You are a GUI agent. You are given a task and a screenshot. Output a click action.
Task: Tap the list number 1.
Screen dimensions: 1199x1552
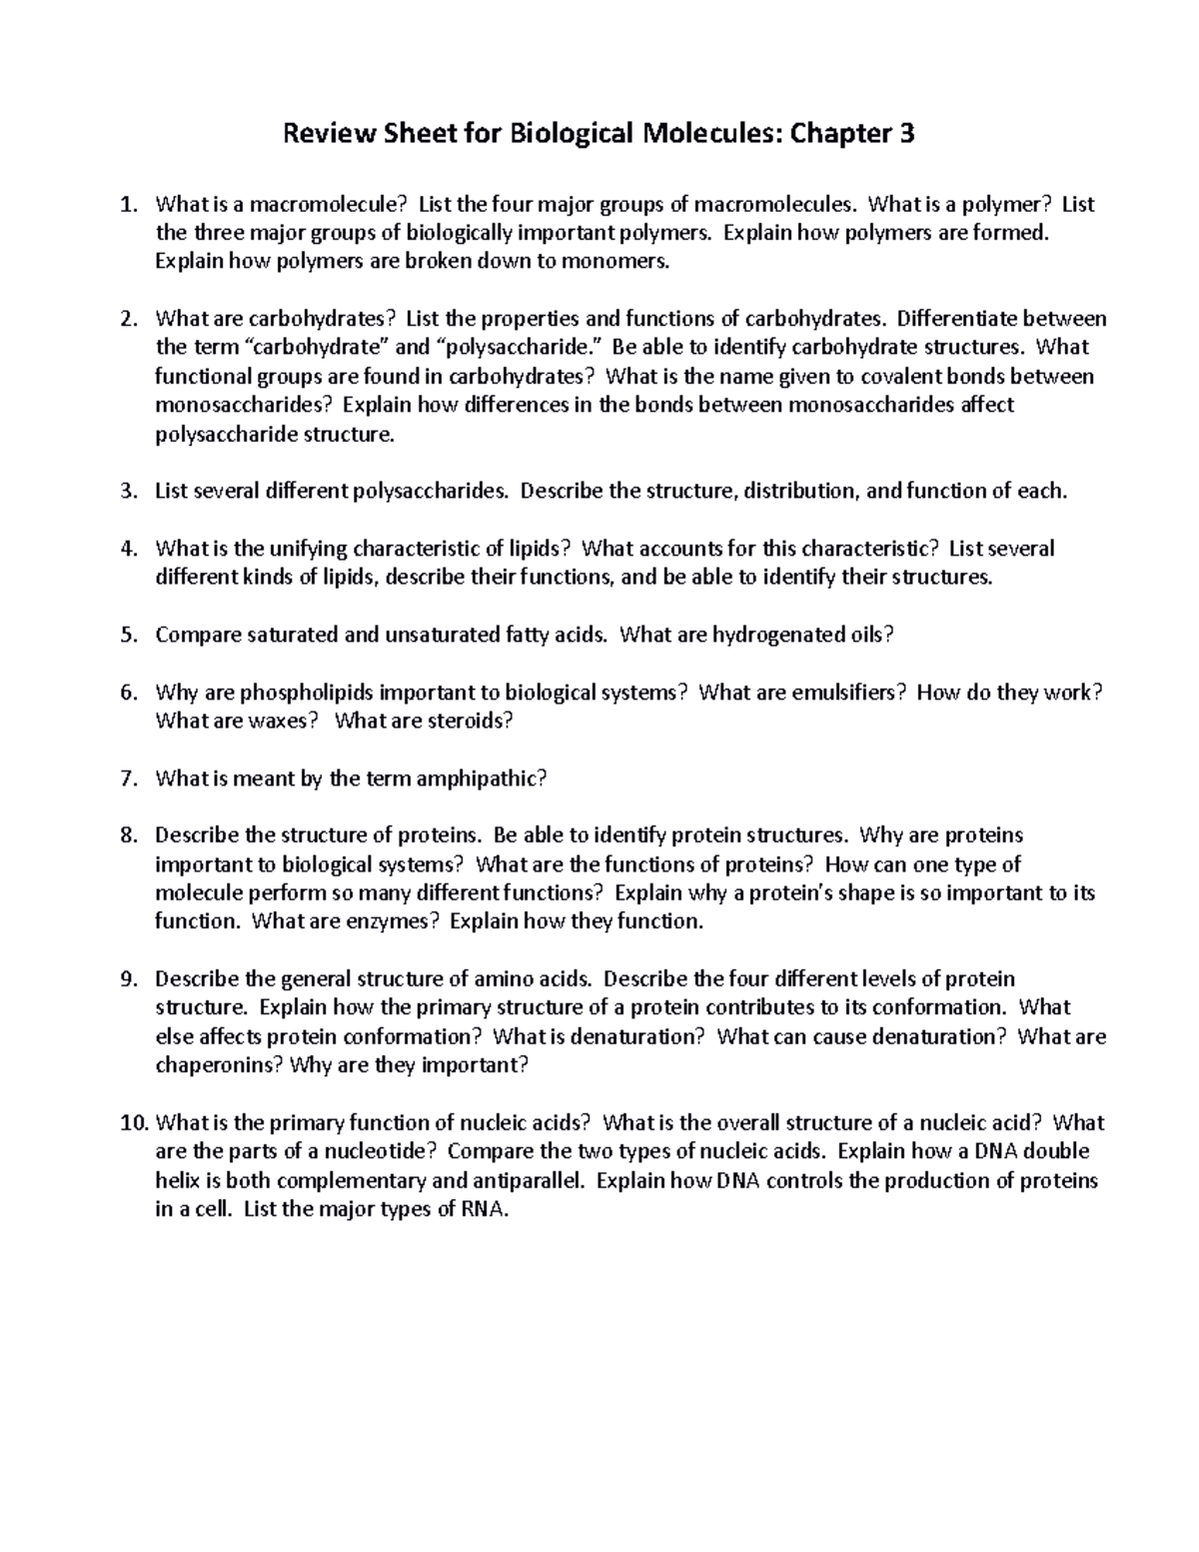coord(126,205)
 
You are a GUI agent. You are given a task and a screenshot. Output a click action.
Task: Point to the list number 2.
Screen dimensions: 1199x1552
coord(126,319)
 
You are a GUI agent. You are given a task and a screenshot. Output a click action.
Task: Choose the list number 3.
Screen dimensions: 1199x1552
coord(126,492)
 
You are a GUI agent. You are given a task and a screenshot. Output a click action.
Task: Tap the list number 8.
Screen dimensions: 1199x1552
coord(126,835)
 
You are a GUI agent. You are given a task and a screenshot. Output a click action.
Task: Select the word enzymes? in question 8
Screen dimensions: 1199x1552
coord(392,921)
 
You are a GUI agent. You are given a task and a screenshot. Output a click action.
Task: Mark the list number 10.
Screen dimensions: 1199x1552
coord(133,1123)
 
